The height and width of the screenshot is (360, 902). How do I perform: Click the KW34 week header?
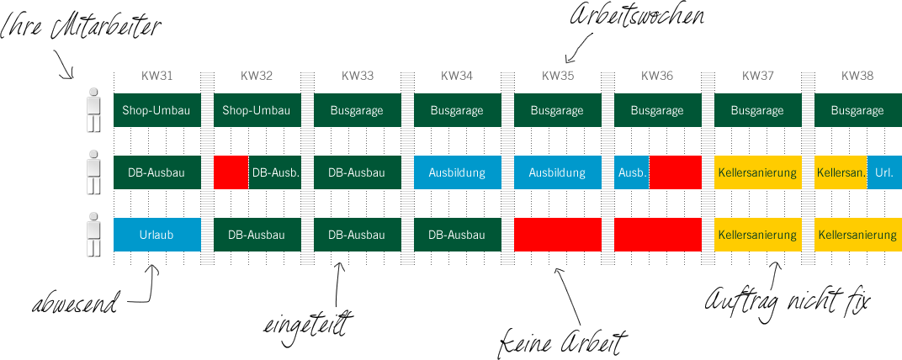pyautogui.click(x=457, y=76)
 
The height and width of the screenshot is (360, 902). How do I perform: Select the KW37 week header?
pyautogui.click(x=756, y=76)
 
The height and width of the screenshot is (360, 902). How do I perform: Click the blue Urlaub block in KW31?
pyautogui.click(x=157, y=235)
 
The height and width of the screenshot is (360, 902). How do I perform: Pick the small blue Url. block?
pyautogui.click(x=883, y=172)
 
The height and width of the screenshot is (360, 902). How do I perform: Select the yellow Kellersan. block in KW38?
pyautogui.click(x=840, y=172)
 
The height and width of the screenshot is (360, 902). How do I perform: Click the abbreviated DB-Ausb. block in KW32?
pyautogui.click(x=274, y=172)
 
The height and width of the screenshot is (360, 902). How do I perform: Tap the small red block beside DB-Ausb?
pyautogui.click(x=231, y=172)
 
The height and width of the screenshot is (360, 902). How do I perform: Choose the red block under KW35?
pyautogui.click(x=557, y=235)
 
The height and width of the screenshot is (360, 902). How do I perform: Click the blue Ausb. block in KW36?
pyautogui.click(x=631, y=172)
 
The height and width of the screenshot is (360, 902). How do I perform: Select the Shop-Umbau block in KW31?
pyautogui.click(x=157, y=110)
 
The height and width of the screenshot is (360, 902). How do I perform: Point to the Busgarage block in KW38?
pyautogui.click(x=857, y=110)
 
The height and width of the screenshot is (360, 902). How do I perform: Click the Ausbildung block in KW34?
pyautogui.click(x=457, y=172)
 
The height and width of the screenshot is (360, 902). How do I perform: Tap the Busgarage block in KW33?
pyautogui.click(x=357, y=110)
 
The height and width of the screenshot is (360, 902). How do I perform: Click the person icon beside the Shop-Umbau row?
pyautogui.click(x=93, y=110)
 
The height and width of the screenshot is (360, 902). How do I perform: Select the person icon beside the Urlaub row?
pyautogui.click(x=93, y=235)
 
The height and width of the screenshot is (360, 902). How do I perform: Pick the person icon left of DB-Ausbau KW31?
pyautogui.click(x=93, y=172)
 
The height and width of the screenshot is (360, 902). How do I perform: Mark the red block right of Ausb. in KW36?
pyautogui.click(x=675, y=172)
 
